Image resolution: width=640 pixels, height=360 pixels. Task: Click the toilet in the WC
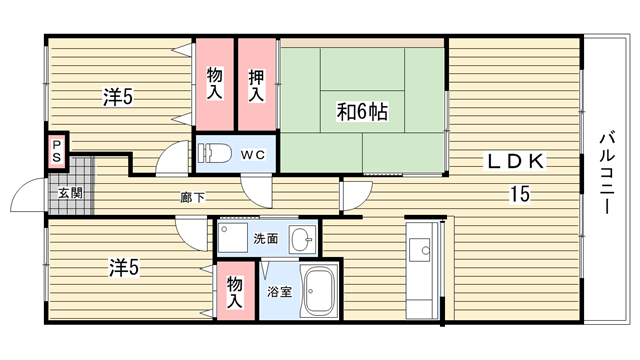[214, 153]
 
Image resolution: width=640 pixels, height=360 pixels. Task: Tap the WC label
[253, 155]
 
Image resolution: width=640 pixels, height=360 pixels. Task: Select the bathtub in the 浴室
[320, 291]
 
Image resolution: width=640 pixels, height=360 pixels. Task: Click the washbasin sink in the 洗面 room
[302, 240]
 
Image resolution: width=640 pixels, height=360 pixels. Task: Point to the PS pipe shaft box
[57, 151]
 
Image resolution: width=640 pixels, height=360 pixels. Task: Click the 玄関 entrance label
[71, 193]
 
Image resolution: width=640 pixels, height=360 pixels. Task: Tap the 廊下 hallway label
[193, 198]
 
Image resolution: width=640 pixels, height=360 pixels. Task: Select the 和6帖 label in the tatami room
[362, 111]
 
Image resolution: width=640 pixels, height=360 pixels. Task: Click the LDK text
[515, 161]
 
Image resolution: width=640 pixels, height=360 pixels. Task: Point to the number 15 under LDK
[520, 193]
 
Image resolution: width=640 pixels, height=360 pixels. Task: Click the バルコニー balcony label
[607, 172]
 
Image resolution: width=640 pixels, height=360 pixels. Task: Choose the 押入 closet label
[256, 85]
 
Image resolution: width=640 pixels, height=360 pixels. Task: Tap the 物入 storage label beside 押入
[215, 83]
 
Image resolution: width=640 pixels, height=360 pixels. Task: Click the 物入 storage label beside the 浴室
[235, 291]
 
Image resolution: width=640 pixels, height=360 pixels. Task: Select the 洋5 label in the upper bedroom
[118, 97]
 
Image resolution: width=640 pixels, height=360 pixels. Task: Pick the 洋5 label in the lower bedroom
[124, 268]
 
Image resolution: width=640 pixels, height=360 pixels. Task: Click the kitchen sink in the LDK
[419, 250]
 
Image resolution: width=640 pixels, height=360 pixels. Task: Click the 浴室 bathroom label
[280, 291]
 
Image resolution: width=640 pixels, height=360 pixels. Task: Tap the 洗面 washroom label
[266, 238]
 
